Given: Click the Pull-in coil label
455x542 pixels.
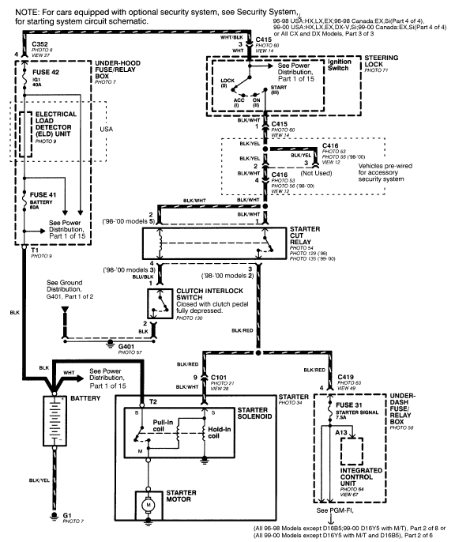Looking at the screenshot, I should (x=166, y=427).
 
